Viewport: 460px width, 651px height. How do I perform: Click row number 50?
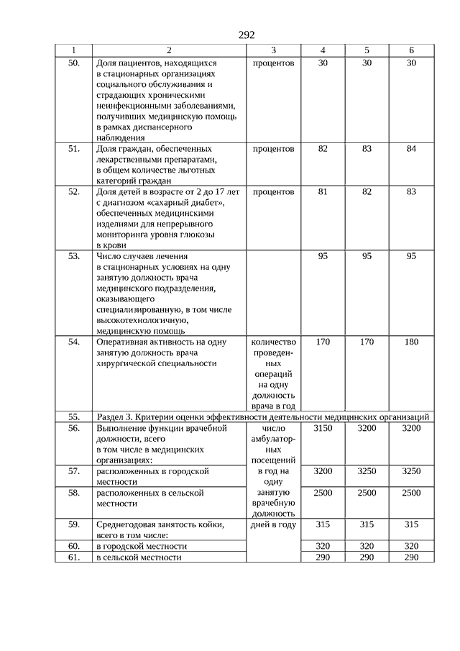(x=73, y=63)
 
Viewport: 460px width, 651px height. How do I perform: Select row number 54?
(x=73, y=342)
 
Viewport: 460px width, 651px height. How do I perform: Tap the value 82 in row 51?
(x=323, y=149)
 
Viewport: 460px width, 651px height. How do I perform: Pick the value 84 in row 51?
(x=411, y=149)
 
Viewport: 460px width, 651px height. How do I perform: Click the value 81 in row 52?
(x=323, y=192)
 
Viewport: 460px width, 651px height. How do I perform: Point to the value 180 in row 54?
(x=411, y=342)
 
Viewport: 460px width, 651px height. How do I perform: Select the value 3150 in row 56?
(x=323, y=428)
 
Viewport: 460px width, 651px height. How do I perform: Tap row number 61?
(x=73, y=557)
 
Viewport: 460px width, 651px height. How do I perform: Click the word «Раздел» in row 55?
(x=110, y=416)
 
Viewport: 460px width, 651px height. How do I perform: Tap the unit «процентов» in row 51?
(x=274, y=149)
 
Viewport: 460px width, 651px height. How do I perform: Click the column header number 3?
(x=274, y=50)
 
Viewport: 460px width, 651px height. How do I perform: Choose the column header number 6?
(x=411, y=50)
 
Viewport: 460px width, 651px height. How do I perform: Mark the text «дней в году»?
(x=274, y=524)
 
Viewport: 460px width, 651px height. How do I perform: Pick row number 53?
(x=73, y=255)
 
